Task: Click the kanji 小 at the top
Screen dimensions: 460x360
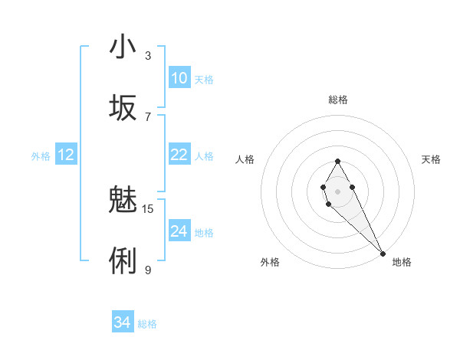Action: [123, 47]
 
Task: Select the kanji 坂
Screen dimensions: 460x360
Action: [123, 108]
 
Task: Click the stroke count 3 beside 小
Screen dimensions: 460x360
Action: [148, 55]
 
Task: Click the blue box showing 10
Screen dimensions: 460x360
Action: [179, 78]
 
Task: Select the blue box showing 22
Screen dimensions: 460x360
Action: [179, 155]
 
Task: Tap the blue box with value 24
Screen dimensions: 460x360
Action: [179, 231]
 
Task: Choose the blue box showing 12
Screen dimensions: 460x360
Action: [66, 155]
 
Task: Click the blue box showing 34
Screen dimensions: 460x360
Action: [122, 322]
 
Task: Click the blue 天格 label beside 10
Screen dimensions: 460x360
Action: [204, 80]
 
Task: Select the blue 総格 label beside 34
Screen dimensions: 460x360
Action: [147, 324]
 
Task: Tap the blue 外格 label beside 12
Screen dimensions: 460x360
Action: [41, 156]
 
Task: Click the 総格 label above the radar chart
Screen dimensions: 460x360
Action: [337, 100]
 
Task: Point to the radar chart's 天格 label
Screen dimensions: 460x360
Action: [432, 159]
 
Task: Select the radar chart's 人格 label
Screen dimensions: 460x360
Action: [245, 159]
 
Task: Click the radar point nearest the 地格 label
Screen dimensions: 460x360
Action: [383, 253]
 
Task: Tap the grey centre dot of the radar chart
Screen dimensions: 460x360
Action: [337, 190]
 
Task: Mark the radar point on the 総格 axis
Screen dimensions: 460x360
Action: [337, 161]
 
